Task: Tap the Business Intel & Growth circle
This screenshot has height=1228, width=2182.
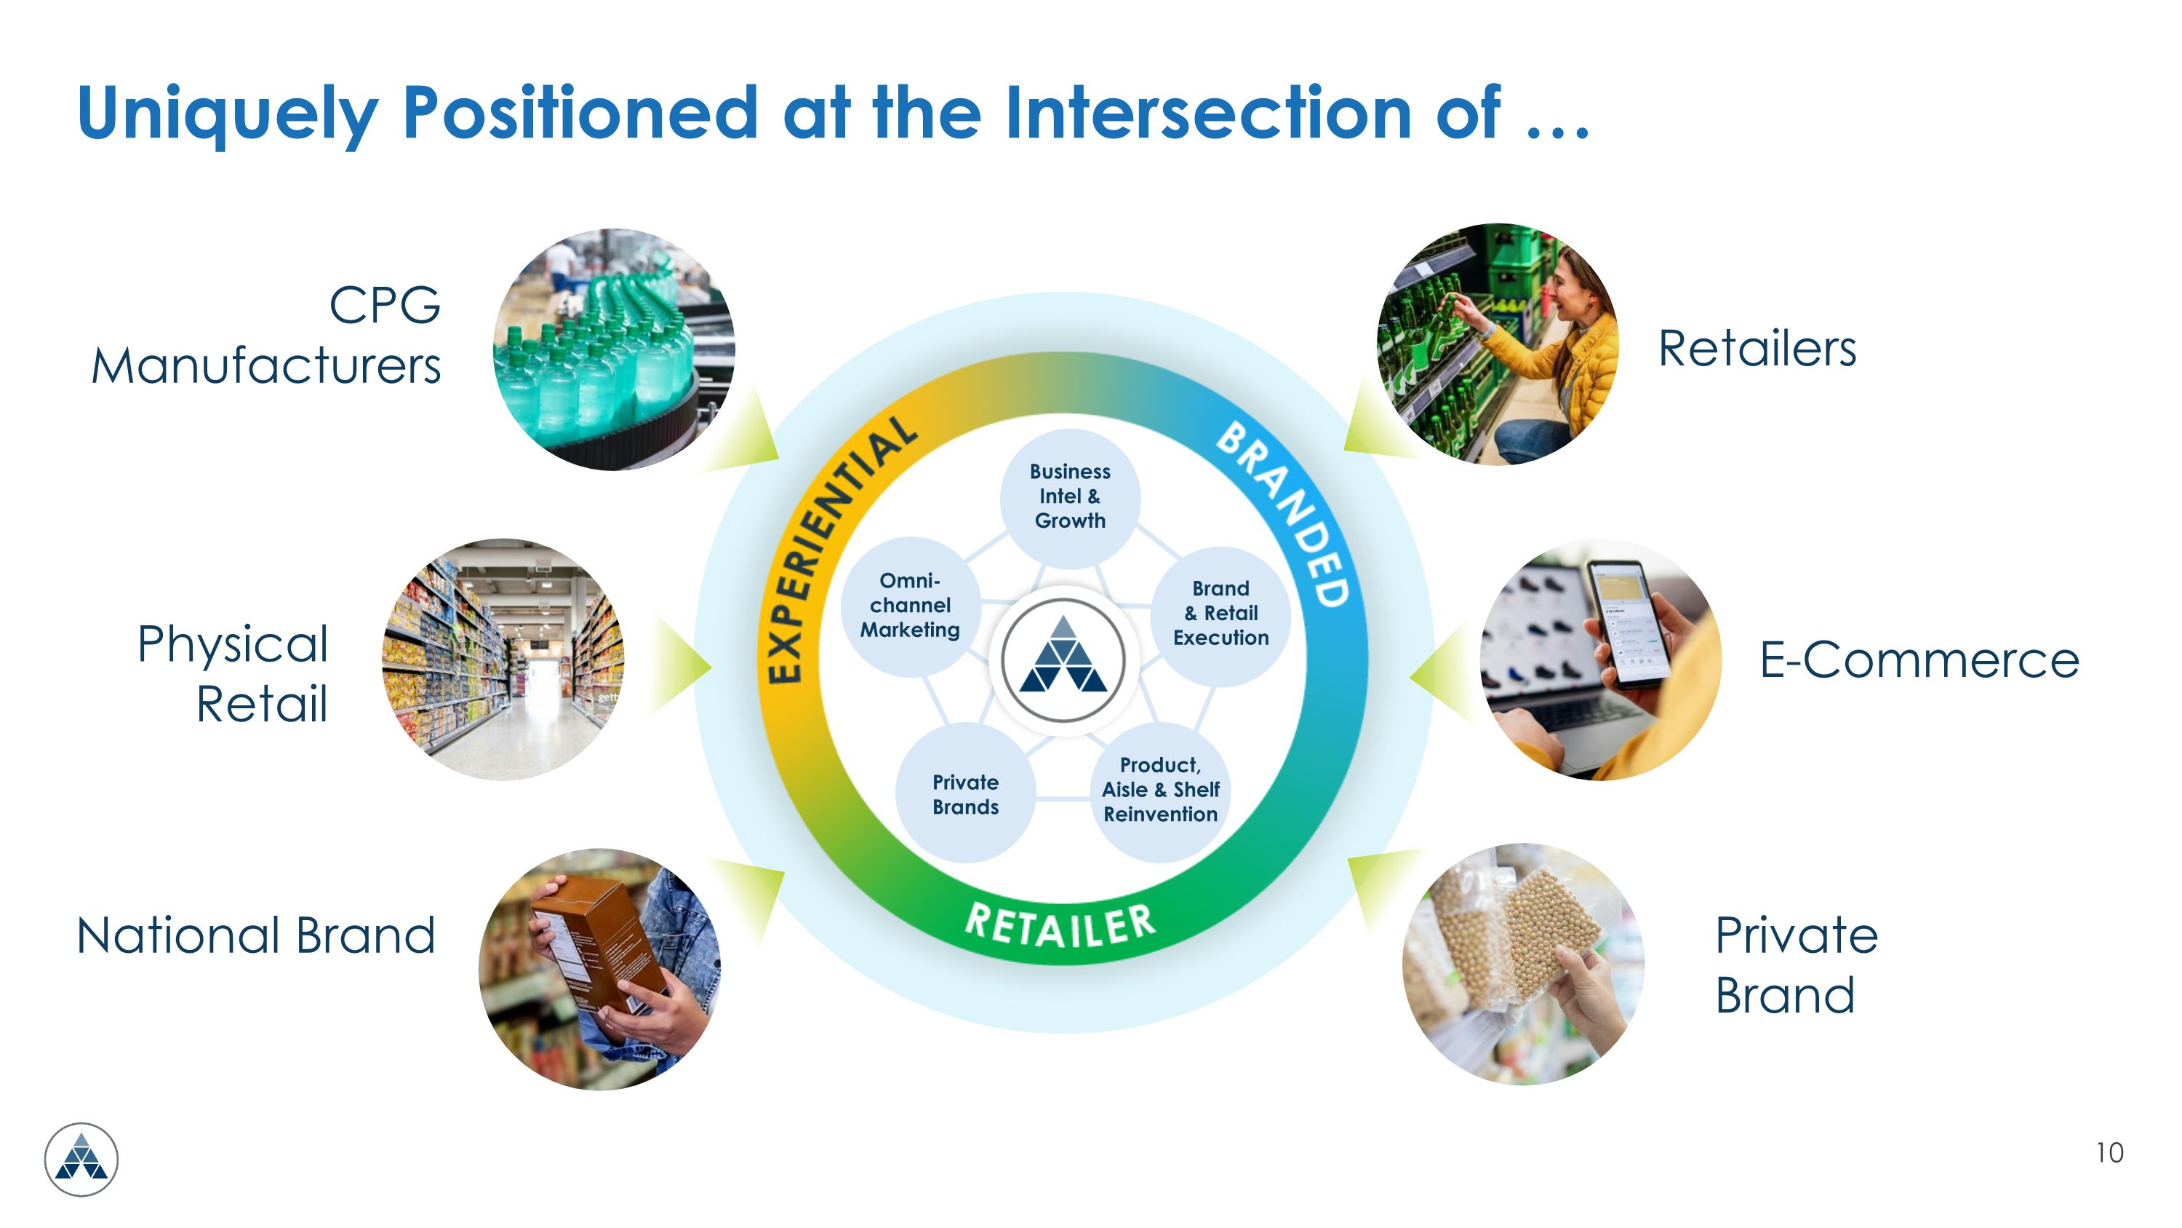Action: point(1070,496)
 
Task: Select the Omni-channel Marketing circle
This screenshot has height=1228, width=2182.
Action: point(911,606)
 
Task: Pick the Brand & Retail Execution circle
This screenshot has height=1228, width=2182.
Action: point(1220,614)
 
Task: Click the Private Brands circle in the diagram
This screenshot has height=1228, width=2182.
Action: point(966,794)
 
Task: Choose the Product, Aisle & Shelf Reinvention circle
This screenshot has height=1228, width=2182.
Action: point(1160,791)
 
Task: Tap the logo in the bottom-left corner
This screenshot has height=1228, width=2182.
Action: point(81,1160)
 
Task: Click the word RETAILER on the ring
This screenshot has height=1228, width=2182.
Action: point(1060,925)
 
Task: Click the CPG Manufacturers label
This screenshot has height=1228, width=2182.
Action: point(267,336)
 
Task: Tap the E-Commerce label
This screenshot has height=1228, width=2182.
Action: point(1919,660)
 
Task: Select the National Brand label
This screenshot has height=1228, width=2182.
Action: point(256,935)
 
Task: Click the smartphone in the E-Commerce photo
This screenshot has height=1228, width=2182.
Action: point(1631,622)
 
